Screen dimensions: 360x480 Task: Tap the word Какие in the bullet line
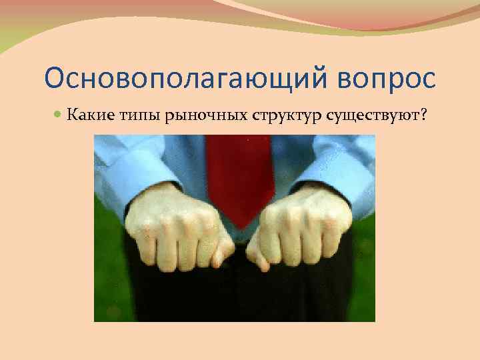point(87,117)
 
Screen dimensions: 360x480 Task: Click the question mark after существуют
point(423,117)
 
